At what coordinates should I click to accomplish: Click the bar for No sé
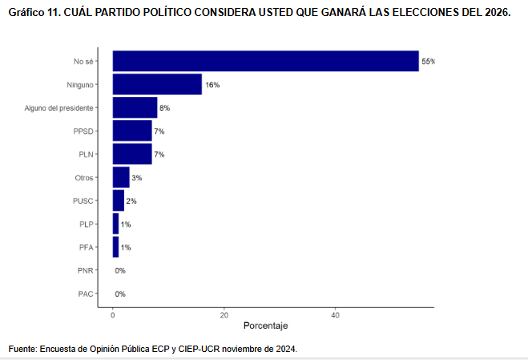coord(266,61)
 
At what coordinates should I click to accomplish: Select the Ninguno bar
coord(157,84)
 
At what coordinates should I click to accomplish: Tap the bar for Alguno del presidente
coord(135,107)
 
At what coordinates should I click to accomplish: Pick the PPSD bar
coord(132,131)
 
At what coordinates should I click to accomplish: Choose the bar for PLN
coord(132,154)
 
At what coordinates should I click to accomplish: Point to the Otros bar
coord(121,177)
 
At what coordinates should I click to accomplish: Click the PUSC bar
coord(119,200)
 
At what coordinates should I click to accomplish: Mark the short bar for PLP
coord(116,224)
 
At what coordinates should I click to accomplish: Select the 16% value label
coord(212,85)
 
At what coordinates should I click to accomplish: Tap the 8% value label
coord(165,108)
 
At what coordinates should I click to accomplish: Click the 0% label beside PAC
coord(120,294)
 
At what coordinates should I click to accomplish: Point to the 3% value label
coord(137,178)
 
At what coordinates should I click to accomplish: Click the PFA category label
coord(87,248)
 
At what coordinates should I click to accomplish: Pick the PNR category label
coord(85,270)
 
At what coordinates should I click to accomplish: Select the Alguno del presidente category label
coord(59,108)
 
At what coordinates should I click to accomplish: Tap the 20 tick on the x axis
coord(224,315)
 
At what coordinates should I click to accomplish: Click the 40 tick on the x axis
coord(336,315)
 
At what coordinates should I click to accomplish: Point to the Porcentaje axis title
coord(266,326)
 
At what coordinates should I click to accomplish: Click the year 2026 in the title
coord(498,13)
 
